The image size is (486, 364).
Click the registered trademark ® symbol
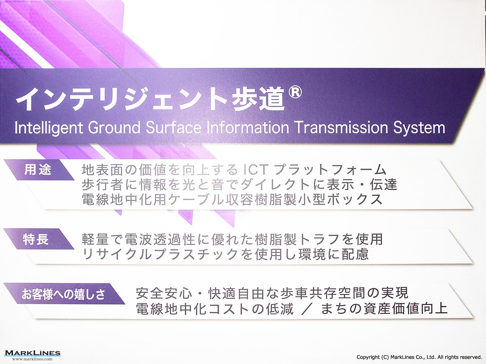pyautogui.click(x=294, y=92)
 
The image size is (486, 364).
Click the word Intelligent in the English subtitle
pyautogui.click(x=49, y=128)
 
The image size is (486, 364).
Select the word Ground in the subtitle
pyautogui.click(x=114, y=127)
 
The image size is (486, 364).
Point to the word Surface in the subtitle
pyautogui.click(x=173, y=127)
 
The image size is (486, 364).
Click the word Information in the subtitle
pyautogui.click(x=248, y=127)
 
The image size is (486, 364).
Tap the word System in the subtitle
pyautogui.click(x=419, y=128)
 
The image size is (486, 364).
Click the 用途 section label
pyautogui.click(x=38, y=170)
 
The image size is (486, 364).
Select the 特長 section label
pyautogui.click(x=36, y=239)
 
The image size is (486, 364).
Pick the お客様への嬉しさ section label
pyautogui.click(x=64, y=294)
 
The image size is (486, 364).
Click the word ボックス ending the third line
pyautogui.click(x=355, y=199)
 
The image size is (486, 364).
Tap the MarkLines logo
pyautogui.click(x=32, y=353)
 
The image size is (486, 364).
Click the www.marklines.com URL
pyautogui.click(x=32, y=359)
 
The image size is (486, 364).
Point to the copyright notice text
pyautogui.click(x=419, y=357)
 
